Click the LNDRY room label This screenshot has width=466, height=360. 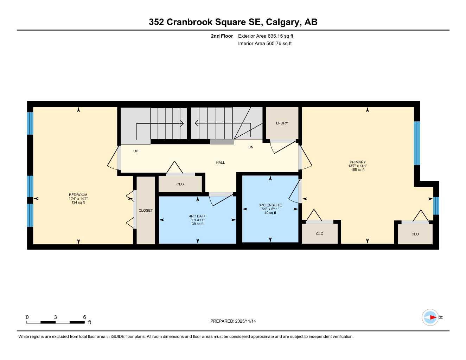[282, 123]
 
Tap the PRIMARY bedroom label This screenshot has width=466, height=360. [358, 162]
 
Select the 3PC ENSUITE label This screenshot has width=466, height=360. [270, 205]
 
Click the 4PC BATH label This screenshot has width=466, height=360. [198, 216]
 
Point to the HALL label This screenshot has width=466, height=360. [221, 162]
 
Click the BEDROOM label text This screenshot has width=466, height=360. [78, 195]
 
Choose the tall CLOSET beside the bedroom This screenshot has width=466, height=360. [146, 210]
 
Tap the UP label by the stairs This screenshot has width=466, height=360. [136, 151]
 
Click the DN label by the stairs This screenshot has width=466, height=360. [251, 147]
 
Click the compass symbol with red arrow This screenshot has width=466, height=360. [430, 317]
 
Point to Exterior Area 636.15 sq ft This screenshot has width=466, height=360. [266, 36]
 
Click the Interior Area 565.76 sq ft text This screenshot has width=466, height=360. [265, 44]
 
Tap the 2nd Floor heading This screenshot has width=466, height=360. [222, 36]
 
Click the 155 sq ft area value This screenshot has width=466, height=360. [358, 170]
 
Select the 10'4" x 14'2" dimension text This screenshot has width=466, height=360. [78, 199]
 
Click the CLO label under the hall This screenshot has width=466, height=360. [180, 184]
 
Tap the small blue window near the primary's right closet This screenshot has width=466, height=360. [436, 205]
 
